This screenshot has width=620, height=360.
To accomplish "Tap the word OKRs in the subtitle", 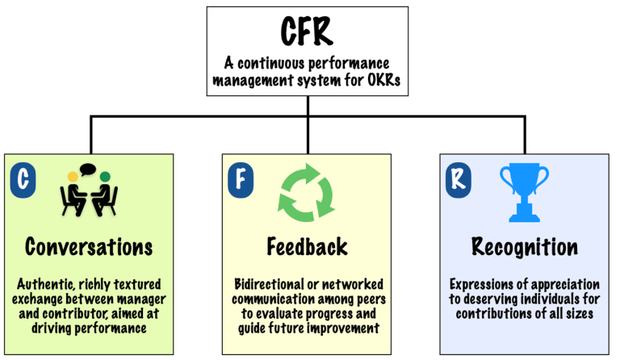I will pyautogui.click(x=379, y=81).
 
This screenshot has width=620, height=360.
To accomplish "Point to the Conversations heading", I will pyautogui.click(x=89, y=245).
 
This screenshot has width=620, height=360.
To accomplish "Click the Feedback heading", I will pyautogui.click(x=308, y=245).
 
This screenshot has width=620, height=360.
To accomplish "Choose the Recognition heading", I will pyautogui.click(x=524, y=245).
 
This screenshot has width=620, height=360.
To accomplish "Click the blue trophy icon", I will pyautogui.click(x=523, y=192).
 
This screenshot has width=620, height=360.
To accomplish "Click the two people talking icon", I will pyautogui.click(x=89, y=192).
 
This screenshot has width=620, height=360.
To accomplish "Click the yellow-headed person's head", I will pyautogui.click(x=73, y=175).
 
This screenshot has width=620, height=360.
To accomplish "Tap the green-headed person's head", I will pyautogui.click(x=105, y=175).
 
